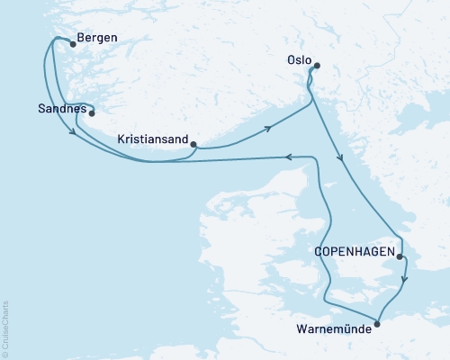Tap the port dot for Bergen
73,42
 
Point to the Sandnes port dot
91,113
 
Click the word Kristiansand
153,140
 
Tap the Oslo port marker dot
316,65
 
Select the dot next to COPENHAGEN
399,256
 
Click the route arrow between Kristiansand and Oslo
267,130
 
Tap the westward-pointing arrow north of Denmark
288,157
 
